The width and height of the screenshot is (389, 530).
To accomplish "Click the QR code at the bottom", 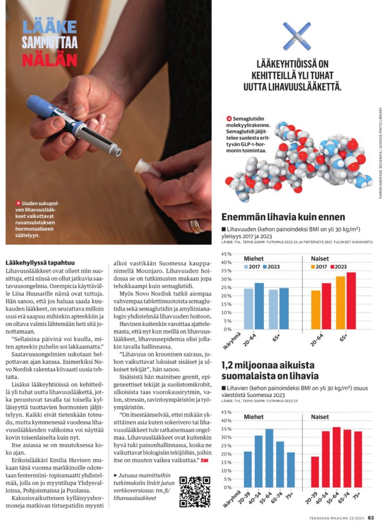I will (194, 491).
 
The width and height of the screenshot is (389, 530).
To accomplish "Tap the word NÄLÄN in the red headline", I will (50, 59).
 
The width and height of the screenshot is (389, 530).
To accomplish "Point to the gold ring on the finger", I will (196, 226).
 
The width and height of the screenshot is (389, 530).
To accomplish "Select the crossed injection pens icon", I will (296, 36).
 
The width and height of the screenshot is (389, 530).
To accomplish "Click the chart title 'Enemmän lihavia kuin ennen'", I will (282, 217).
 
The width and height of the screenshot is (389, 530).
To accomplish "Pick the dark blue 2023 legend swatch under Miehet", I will (263, 267).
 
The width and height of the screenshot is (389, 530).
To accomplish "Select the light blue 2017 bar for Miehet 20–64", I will (249, 308).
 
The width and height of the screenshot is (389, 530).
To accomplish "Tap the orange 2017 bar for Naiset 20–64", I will (316, 310).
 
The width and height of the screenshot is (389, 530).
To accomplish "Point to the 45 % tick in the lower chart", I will (226, 412).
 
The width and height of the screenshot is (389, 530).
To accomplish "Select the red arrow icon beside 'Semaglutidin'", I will (229, 118).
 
